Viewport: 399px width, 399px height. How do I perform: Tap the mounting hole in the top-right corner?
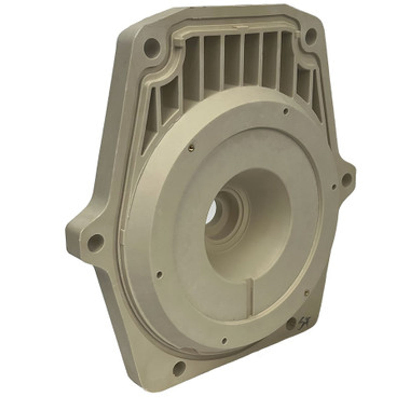(x=311, y=34)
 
